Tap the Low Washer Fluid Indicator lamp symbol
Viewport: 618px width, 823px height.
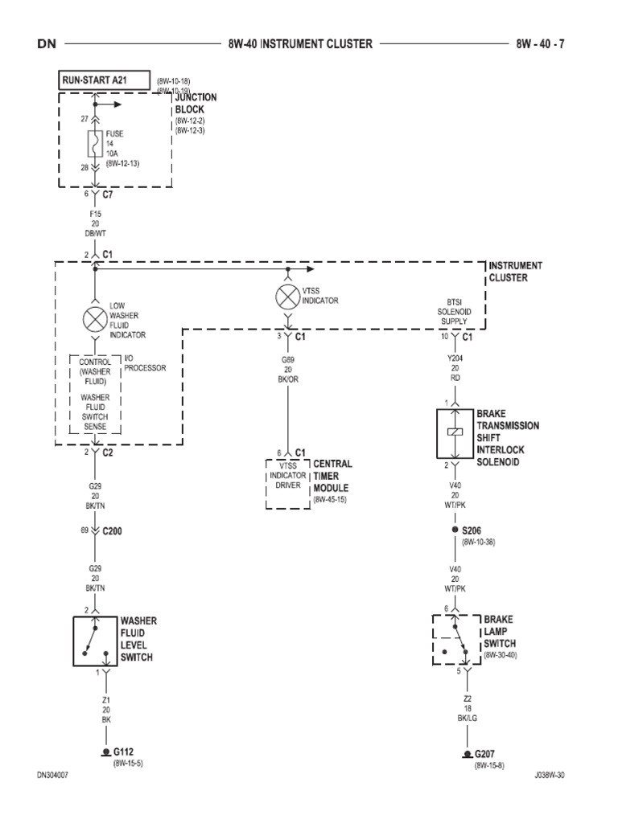[x=95, y=317]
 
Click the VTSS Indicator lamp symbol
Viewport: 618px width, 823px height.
[x=287, y=297]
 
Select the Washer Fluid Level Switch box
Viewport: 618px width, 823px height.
[x=95, y=641]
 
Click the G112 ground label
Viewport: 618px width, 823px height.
[x=123, y=752]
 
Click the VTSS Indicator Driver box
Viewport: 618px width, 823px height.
[x=287, y=482]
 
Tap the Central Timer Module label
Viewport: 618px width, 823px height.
[x=332, y=477]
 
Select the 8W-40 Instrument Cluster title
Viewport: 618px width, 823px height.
[x=300, y=43]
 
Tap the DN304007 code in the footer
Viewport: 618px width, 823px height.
[x=56, y=776]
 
